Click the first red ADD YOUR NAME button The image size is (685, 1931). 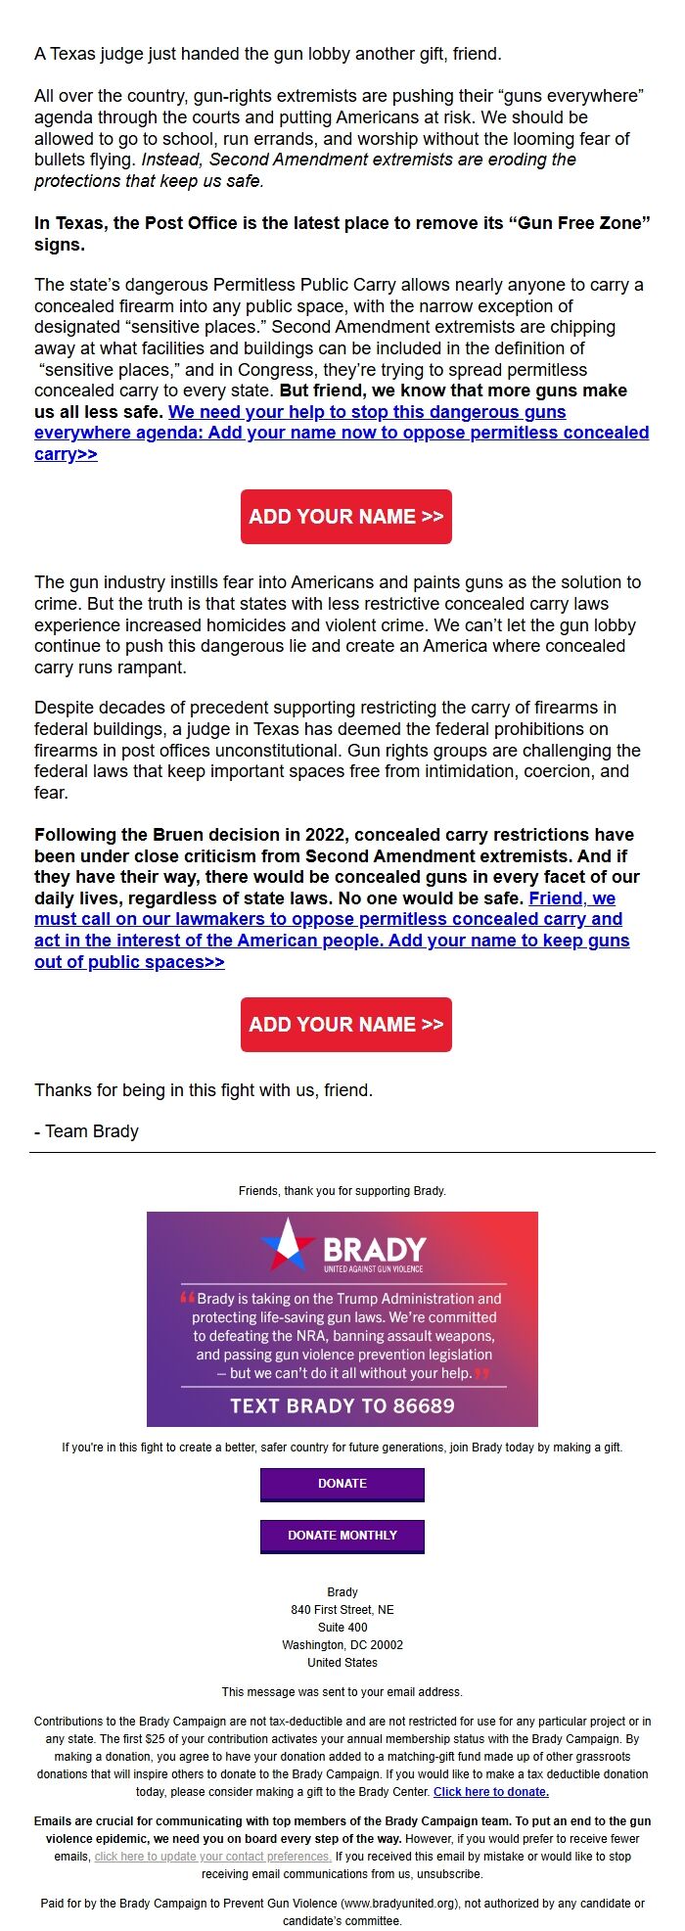pyautogui.click(x=345, y=517)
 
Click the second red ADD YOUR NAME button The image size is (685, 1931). pyautogui.click(x=345, y=1025)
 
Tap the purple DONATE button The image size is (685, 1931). pyautogui.click(x=342, y=1484)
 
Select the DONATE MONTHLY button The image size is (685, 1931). pyautogui.click(x=342, y=1536)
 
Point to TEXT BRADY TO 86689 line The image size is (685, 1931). pyautogui.click(x=342, y=1406)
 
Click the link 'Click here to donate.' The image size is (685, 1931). pyautogui.click(x=491, y=1792)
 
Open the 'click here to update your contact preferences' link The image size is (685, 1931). pyautogui.click(x=212, y=1857)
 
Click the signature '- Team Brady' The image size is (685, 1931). pyautogui.click(x=86, y=1131)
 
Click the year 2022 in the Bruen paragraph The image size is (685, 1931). pyautogui.click(x=322, y=835)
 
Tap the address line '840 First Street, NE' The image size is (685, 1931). pyautogui.click(x=342, y=1610)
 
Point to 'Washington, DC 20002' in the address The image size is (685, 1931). pyautogui.click(x=342, y=1645)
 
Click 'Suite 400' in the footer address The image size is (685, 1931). pyautogui.click(x=342, y=1628)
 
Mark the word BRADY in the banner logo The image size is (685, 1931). pyautogui.click(x=375, y=1250)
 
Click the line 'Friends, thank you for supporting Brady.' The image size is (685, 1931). pyautogui.click(x=342, y=1191)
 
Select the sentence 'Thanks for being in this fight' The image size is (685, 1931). pyautogui.click(x=204, y=1090)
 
